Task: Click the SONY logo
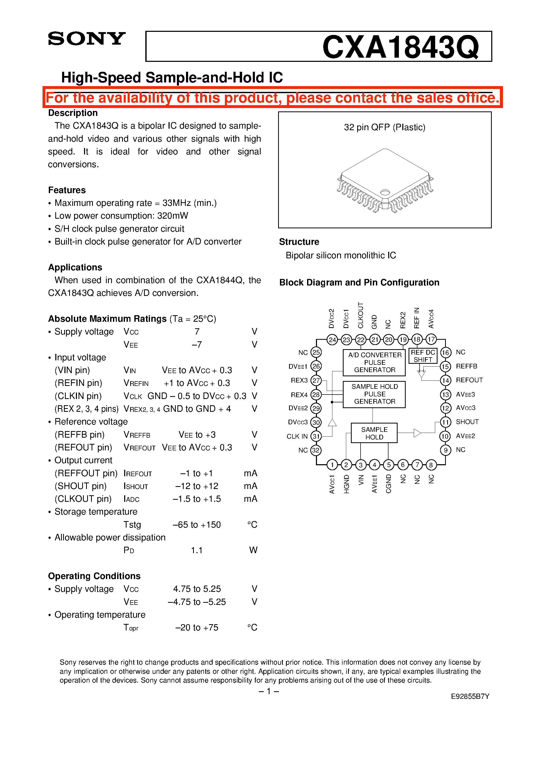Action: coord(87,39)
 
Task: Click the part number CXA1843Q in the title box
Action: coord(400,47)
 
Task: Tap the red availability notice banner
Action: coord(272,98)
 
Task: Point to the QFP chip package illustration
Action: coord(385,181)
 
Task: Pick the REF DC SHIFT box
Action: coord(423,356)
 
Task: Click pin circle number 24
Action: coord(332,340)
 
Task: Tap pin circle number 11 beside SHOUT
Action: coord(445,422)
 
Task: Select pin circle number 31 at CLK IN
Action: coord(316,436)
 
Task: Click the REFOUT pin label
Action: coord(469,380)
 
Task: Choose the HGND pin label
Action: coord(346,484)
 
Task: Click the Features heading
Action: coord(67,190)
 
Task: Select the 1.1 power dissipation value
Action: coord(197,551)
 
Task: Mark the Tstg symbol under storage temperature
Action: coord(132,525)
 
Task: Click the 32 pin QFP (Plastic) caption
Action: coord(385,127)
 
